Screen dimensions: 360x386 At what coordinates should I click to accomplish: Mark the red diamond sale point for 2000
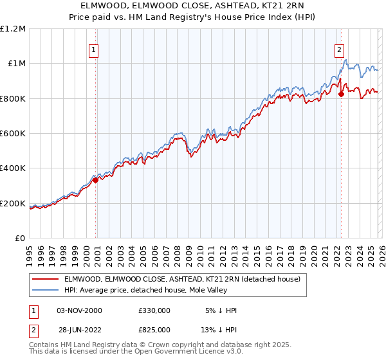pyautogui.click(x=96, y=181)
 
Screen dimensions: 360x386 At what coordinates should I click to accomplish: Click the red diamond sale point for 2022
pyautogui.click(x=341, y=94)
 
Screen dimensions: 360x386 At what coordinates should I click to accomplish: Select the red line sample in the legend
pyautogui.click(x=46, y=279)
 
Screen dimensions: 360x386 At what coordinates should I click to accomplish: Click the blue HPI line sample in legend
pyautogui.click(x=46, y=290)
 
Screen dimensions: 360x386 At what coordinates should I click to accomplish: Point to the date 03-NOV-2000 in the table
pyautogui.click(x=80, y=310)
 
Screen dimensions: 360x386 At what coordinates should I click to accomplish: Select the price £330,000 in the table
pyautogui.click(x=154, y=310)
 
